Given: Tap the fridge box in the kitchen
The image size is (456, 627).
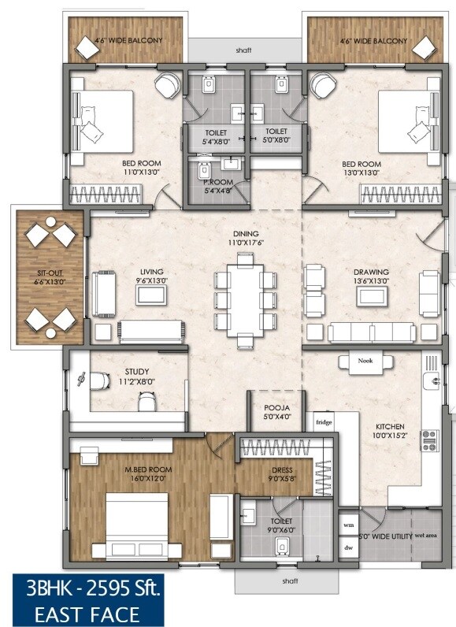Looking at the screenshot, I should click(324, 422).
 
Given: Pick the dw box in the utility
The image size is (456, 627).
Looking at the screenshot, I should click(348, 543).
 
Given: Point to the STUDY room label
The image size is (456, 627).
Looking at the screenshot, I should click(137, 372).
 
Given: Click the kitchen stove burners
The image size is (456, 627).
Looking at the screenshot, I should click(430, 440).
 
